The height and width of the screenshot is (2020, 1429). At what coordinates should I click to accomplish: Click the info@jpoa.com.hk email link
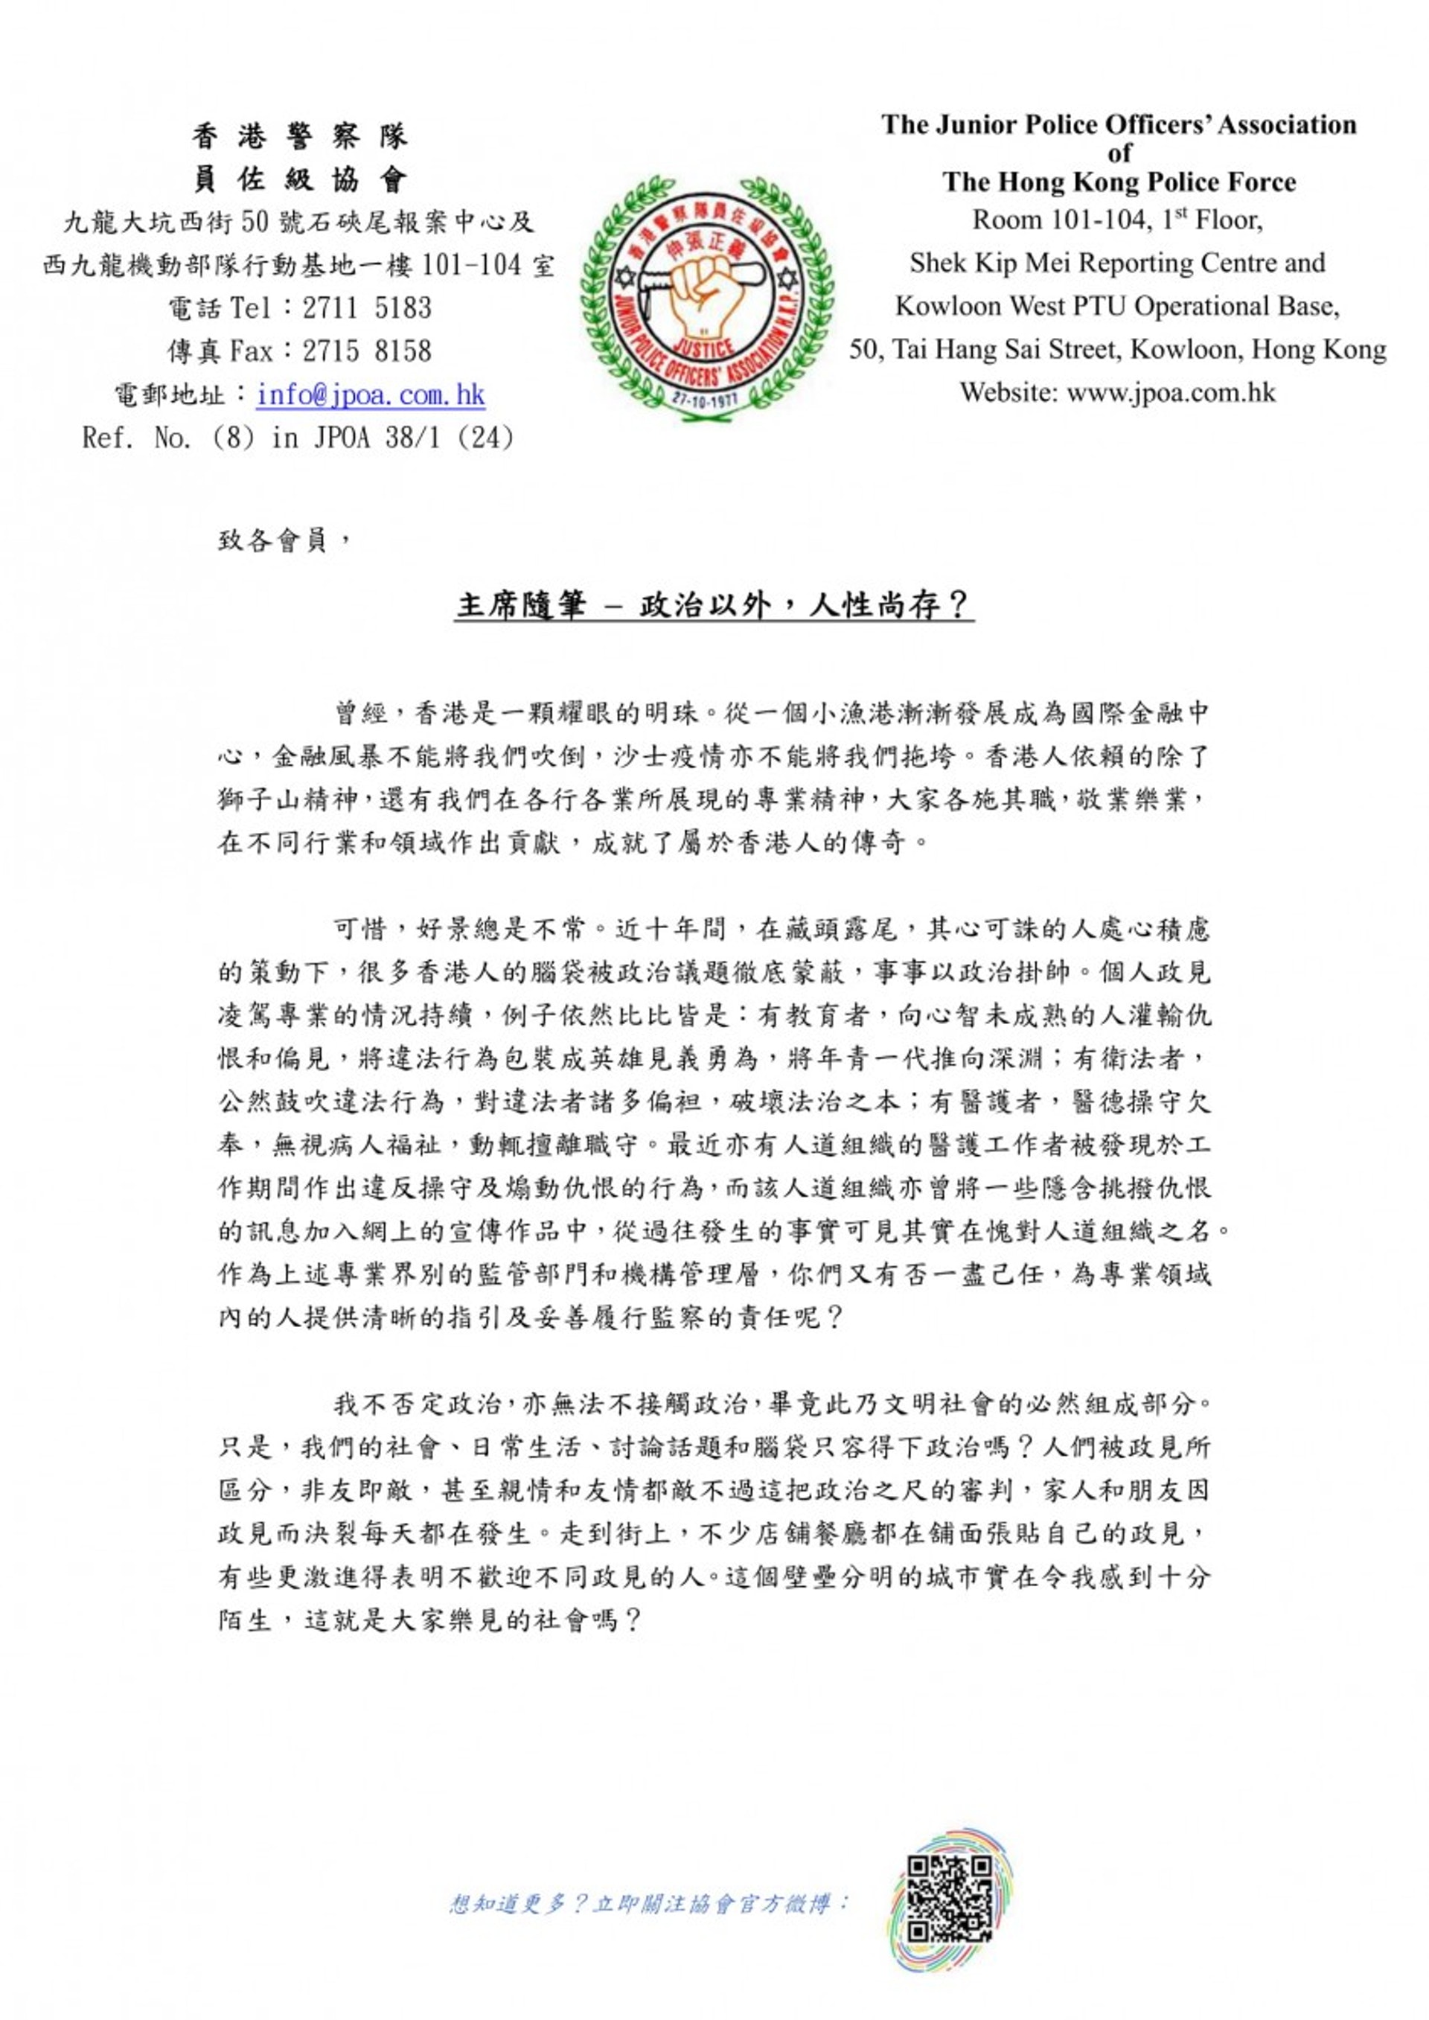(371, 394)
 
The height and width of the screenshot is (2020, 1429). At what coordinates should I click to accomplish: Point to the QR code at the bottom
(950, 1902)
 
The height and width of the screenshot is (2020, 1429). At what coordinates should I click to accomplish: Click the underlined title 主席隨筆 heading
(714, 605)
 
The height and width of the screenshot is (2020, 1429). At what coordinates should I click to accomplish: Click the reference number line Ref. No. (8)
(298, 437)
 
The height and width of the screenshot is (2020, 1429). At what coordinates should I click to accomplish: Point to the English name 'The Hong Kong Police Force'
(1119, 182)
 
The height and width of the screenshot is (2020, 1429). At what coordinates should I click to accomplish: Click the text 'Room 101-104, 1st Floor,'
(1117, 220)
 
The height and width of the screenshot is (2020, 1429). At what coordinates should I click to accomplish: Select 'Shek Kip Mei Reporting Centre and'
(1117, 263)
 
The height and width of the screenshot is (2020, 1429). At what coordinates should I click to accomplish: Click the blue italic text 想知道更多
(648, 1903)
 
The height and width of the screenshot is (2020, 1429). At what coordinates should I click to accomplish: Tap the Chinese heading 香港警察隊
(299, 136)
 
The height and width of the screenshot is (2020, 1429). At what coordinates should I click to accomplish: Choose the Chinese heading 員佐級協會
(299, 180)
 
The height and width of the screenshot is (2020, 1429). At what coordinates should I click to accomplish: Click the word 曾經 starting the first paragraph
(361, 712)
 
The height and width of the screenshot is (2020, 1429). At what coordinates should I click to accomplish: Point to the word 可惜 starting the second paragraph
(361, 929)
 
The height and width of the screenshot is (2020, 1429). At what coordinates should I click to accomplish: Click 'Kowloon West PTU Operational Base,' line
(1117, 306)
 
